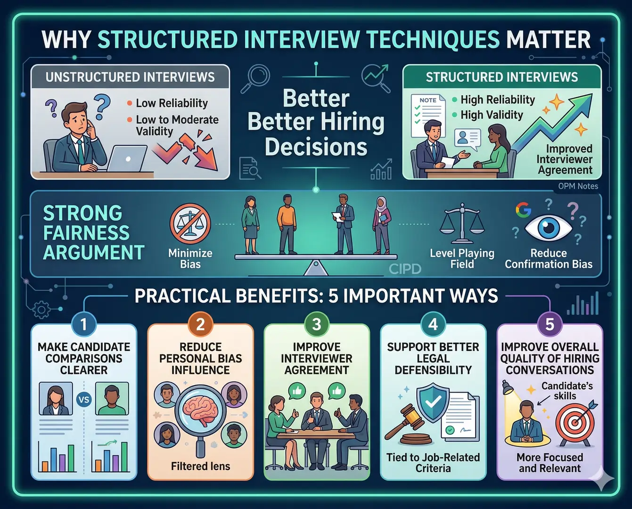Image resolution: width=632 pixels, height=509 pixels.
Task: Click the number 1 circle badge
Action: coord(84,324)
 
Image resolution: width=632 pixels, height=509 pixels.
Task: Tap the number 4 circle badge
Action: coord(433,324)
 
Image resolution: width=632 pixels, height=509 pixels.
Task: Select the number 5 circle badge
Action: coord(550,324)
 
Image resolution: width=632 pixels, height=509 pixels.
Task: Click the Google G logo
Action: coord(523,210)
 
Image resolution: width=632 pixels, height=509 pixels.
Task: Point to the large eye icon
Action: coord(548,228)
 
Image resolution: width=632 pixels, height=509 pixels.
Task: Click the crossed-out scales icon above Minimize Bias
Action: coord(190,224)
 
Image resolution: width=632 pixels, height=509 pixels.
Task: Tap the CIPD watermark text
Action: coord(405,269)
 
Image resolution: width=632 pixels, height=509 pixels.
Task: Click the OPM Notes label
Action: coord(578,186)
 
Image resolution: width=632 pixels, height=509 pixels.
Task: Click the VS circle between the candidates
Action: coord(83,400)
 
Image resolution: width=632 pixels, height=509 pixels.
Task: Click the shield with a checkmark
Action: coord(433,401)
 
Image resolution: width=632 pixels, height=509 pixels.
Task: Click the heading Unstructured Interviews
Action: coord(130,77)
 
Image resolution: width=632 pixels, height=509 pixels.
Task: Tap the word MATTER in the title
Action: coord(548,40)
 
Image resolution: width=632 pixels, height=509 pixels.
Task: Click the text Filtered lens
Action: coord(200,466)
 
